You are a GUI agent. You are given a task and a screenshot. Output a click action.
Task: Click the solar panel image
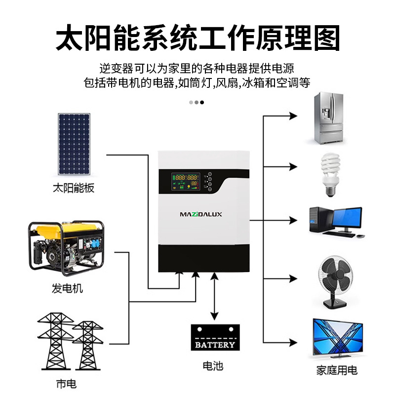tap(75, 144)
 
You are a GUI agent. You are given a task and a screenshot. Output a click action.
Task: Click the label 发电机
tap(67, 288)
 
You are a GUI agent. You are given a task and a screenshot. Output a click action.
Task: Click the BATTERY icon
tap(215, 338)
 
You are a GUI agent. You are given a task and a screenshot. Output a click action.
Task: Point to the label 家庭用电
tap(337, 370)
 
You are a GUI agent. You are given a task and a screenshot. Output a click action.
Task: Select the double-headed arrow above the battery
tap(214, 296)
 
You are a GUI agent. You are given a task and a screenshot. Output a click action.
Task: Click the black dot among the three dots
tap(201, 102)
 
